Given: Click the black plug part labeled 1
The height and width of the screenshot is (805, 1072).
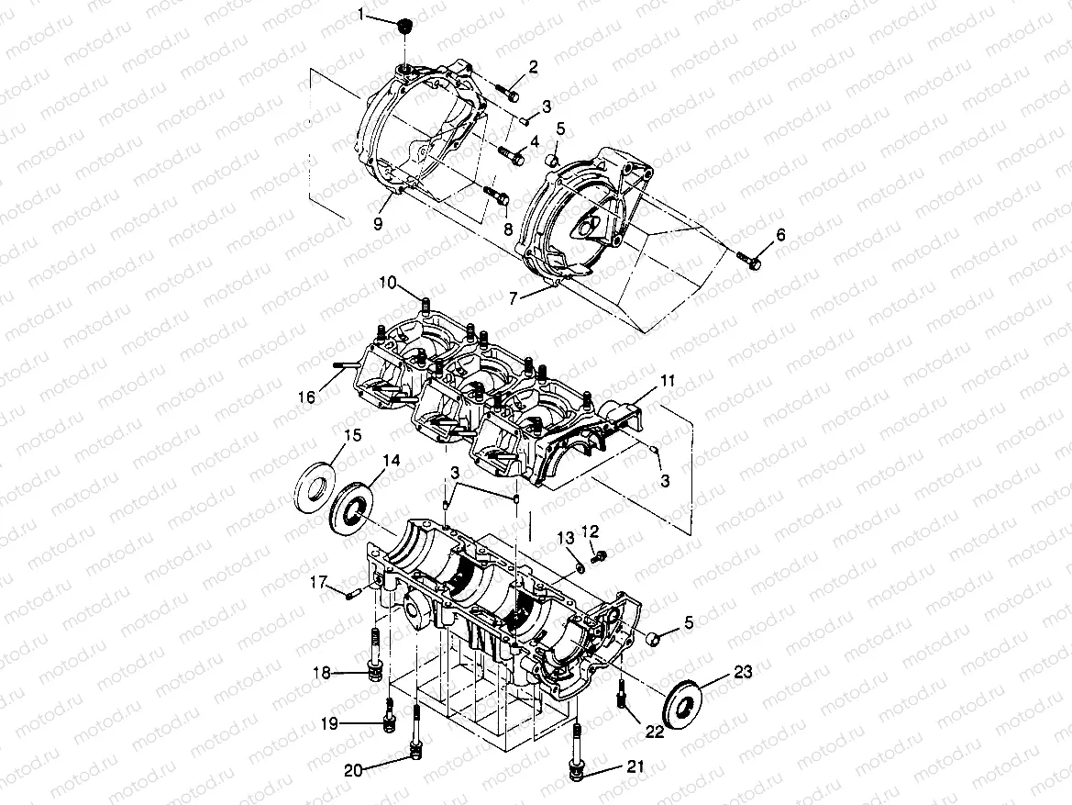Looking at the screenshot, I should (x=401, y=27).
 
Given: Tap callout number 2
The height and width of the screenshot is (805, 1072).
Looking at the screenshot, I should (x=533, y=66).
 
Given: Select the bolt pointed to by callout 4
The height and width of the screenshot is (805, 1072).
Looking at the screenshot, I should (x=511, y=155).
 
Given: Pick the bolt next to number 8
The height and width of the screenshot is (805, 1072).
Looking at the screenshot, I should (x=496, y=195).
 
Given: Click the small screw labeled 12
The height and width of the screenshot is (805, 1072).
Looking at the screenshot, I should (x=599, y=555).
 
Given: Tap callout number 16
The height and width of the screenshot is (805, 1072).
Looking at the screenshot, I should (x=305, y=397).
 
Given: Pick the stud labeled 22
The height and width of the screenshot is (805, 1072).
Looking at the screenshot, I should (x=625, y=699).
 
